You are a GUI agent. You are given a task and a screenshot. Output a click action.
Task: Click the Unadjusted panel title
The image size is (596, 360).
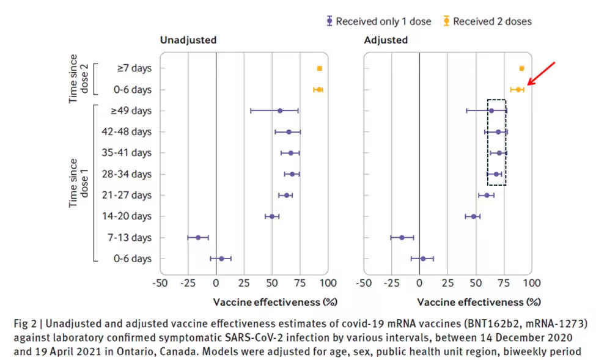[x=188, y=40]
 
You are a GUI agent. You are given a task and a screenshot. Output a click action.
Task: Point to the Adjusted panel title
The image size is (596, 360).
[x=386, y=40]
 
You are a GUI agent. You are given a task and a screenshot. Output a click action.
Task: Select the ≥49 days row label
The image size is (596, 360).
[x=131, y=111]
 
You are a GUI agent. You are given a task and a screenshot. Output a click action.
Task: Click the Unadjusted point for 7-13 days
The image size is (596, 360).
[x=197, y=238]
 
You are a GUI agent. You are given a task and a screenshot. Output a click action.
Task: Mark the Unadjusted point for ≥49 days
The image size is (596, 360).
[x=280, y=111]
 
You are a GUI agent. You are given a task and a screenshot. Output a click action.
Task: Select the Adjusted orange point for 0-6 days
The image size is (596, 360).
[x=518, y=89]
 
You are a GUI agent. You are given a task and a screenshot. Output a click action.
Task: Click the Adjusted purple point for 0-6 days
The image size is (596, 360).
[x=422, y=259]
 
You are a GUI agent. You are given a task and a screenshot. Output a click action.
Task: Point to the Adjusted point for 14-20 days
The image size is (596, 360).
[x=473, y=216]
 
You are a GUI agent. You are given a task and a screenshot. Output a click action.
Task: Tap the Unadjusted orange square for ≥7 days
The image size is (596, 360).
[x=319, y=68]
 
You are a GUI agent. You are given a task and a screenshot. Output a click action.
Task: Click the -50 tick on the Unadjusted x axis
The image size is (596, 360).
[x=160, y=283]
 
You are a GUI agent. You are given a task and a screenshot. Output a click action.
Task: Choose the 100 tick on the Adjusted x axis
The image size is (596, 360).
[x=532, y=283]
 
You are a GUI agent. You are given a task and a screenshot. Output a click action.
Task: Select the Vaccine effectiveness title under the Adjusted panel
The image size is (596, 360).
[x=479, y=302]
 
